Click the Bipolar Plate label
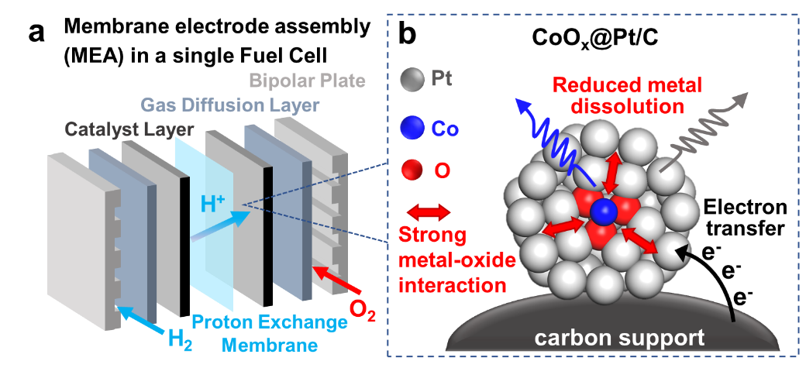308,81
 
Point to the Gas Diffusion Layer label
229,105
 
